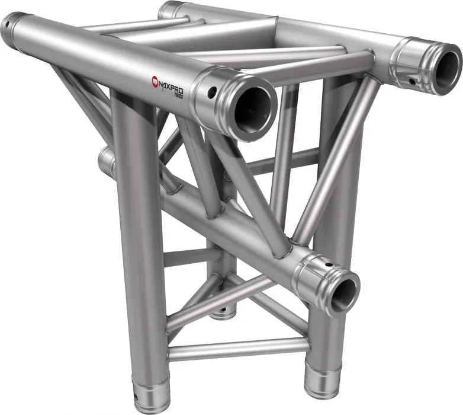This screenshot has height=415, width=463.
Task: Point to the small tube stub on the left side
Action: tap(107, 161)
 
